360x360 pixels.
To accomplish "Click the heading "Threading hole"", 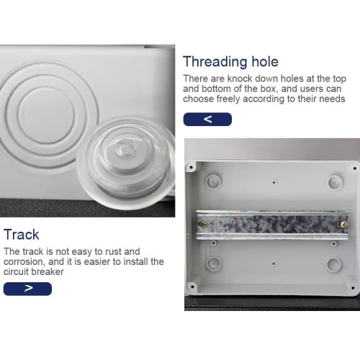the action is point(230,62).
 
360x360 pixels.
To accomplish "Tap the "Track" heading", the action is point(22,235).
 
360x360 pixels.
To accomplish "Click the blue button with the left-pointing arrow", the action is point(207,120).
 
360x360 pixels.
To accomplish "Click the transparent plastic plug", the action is point(125,163).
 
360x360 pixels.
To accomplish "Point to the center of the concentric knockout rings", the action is point(46,115).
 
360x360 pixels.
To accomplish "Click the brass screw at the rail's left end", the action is point(203,224).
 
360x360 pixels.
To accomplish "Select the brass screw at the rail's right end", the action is point(343,225).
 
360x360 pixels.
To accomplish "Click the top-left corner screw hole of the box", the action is point(192,167).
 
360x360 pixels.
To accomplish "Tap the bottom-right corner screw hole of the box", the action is point(353,287).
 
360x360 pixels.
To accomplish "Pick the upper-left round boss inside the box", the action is point(214,181).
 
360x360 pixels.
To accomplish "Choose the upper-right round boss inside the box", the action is point(336,183).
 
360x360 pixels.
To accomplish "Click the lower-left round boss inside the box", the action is point(214,264).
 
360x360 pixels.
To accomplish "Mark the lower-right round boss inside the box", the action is point(334,264).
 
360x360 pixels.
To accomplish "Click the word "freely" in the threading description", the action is point(228,99).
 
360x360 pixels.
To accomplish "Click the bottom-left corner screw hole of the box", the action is point(192,287).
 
